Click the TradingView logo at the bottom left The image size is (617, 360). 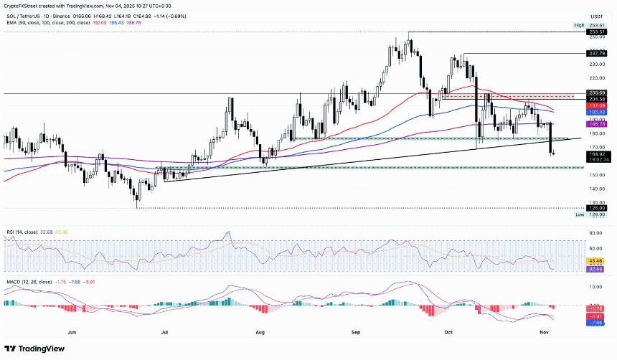click(34, 350)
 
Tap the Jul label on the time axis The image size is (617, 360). click(165, 333)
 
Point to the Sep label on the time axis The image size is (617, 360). click(357, 333)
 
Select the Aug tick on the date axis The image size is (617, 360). click(260, 333)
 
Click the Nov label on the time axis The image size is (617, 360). click(545, 333)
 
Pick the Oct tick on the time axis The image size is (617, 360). click(450, 333)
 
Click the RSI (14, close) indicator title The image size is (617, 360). click(19, 232)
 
